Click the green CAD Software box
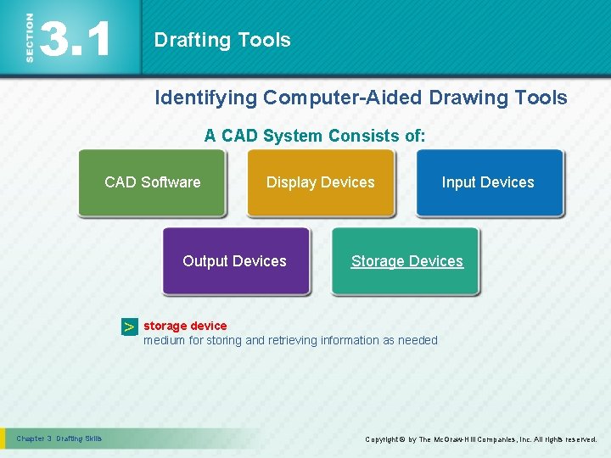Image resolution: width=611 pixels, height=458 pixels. coord(152,182)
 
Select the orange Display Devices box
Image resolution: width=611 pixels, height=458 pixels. coord(320,182)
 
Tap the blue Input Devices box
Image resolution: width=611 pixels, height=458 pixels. coord(488,182)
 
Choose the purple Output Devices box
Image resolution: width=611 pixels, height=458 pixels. coord(235,261)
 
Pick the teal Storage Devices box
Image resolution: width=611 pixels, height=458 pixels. coord(406,261)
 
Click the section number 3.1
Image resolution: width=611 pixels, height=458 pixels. coord(76,39)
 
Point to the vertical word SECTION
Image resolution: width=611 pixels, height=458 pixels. coord(30,37)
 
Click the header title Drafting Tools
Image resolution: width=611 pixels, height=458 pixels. coord(222,40)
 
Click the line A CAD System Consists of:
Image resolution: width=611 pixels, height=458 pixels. coord(315,136)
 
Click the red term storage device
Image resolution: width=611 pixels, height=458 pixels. coord(185,326)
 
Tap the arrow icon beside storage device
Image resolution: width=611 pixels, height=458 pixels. coord(128,327)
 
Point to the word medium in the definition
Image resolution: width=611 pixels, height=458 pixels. coord(165,340)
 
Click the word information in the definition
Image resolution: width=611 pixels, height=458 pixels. coord(350,340)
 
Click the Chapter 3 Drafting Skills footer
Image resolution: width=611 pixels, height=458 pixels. coord(59,438)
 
